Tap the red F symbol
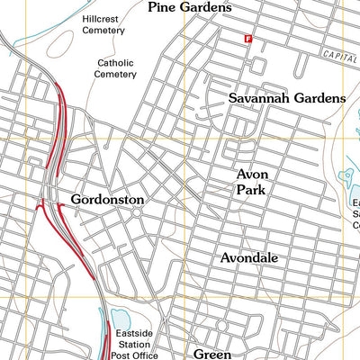pos(248,39)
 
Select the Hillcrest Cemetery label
pos(103,23)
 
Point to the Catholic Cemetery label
pos(117,68)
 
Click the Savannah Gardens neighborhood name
pos(286,97)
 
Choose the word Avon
pos(252,174)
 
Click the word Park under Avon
pos(252,190)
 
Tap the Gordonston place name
pos(107,198)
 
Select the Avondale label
pos(249,257)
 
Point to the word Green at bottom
pos(213,354)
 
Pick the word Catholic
pos(117,63)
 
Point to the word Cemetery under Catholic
pos(117,75)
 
